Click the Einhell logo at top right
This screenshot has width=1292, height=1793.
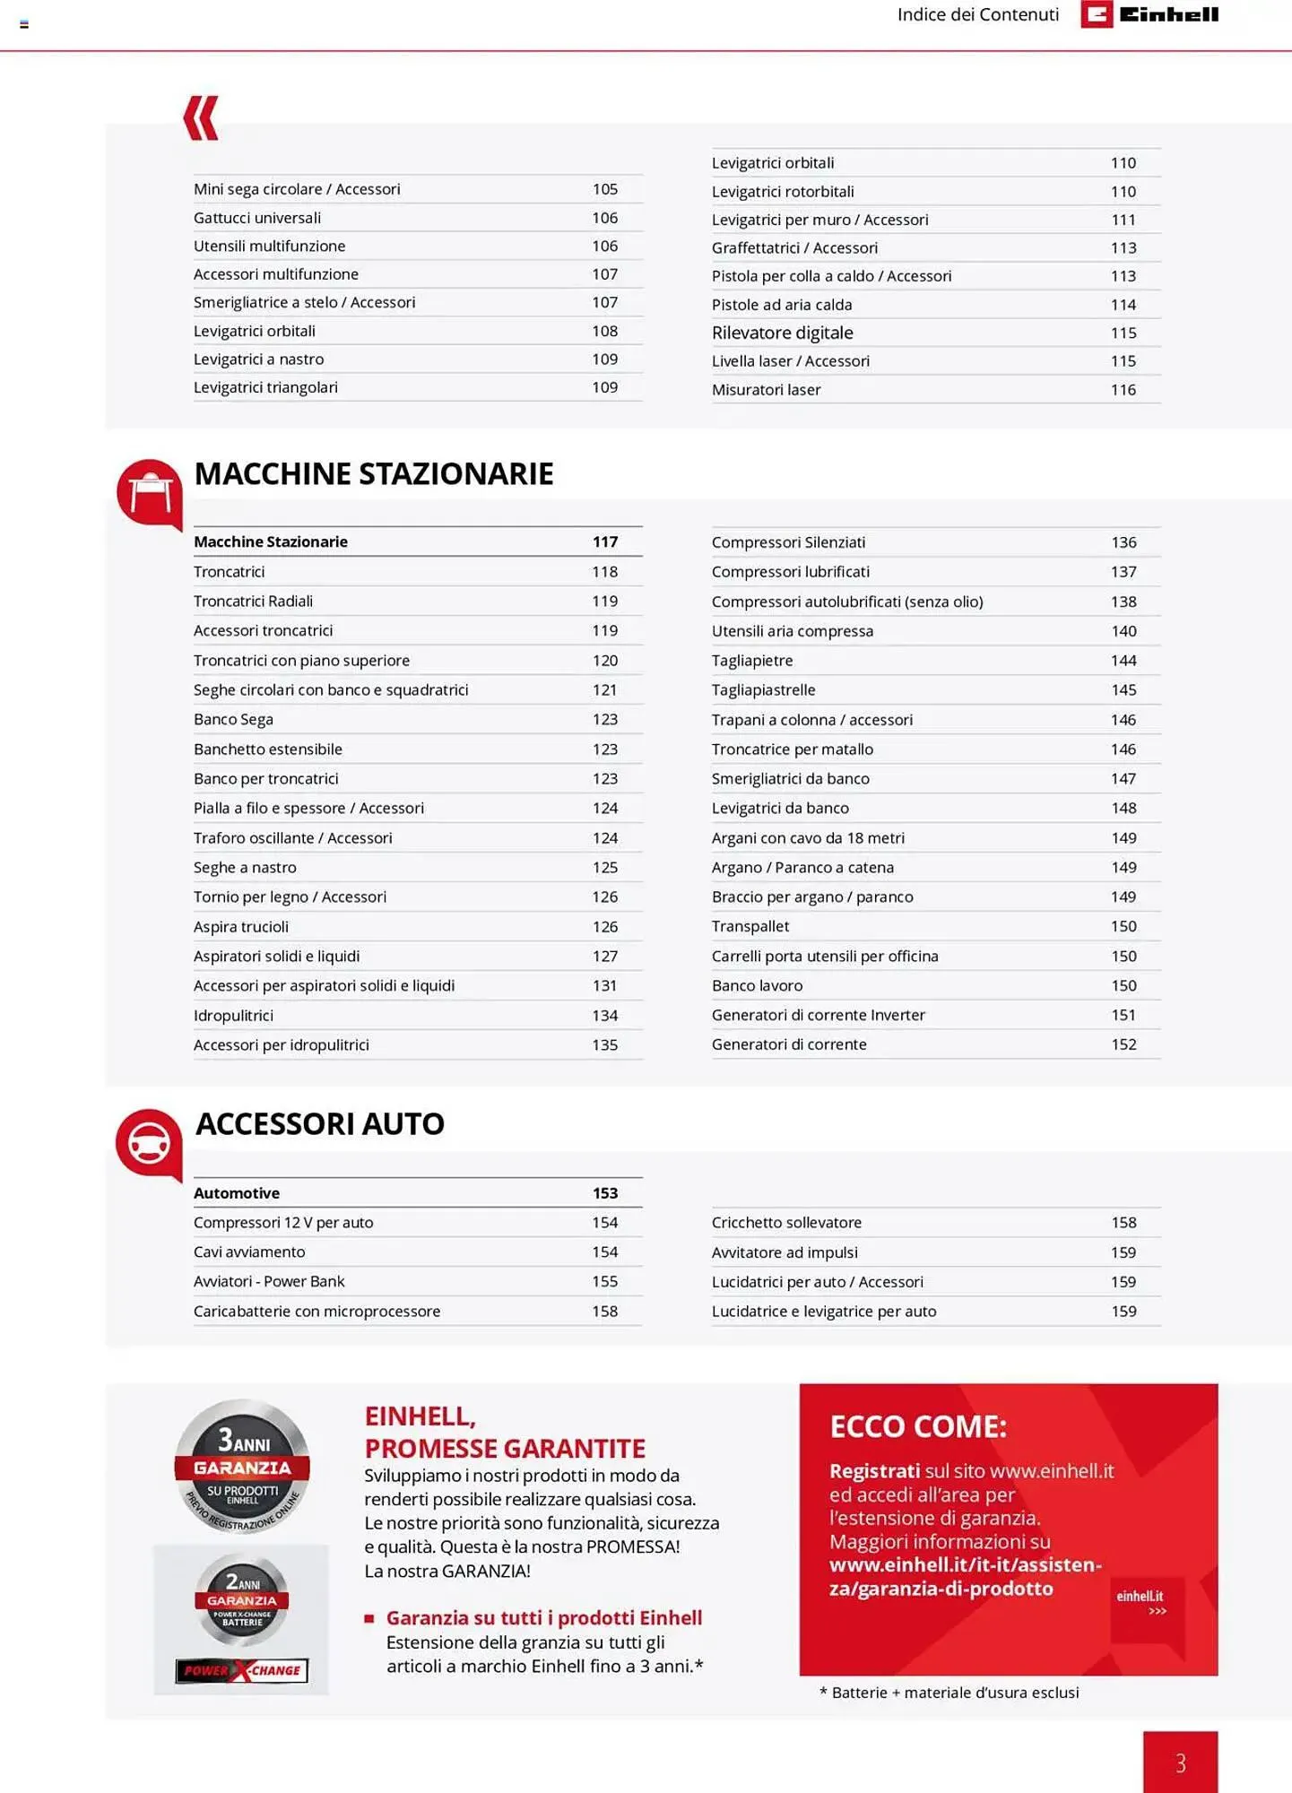[1149, 14]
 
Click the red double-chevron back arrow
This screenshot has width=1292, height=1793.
[201, 117]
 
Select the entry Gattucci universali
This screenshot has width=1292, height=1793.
[257, 218]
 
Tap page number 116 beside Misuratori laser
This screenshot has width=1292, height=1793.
[1123, 390]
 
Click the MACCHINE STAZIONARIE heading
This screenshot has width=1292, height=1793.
[374, 473]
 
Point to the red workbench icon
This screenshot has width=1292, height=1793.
[150, 494]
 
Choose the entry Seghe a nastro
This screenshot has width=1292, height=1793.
[245, 867]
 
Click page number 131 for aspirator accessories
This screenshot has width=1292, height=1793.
[604, 985]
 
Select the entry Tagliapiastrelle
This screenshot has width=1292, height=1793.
[763, 689]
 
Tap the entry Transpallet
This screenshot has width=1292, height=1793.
[750, 926]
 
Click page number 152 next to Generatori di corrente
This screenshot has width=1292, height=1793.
[1123, 1044]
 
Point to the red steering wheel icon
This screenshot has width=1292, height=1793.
[149, 1144]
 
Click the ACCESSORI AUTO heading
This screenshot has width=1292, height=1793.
[320, 1123]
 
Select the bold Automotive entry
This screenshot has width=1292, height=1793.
[237, 1193]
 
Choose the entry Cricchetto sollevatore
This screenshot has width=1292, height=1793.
[786, 1223]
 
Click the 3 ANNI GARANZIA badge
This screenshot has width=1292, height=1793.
[242, 1467]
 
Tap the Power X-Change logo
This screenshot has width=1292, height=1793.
[242, 1670]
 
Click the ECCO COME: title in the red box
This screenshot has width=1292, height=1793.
[917, 1426]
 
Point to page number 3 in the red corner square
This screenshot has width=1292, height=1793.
[1180, 1763]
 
